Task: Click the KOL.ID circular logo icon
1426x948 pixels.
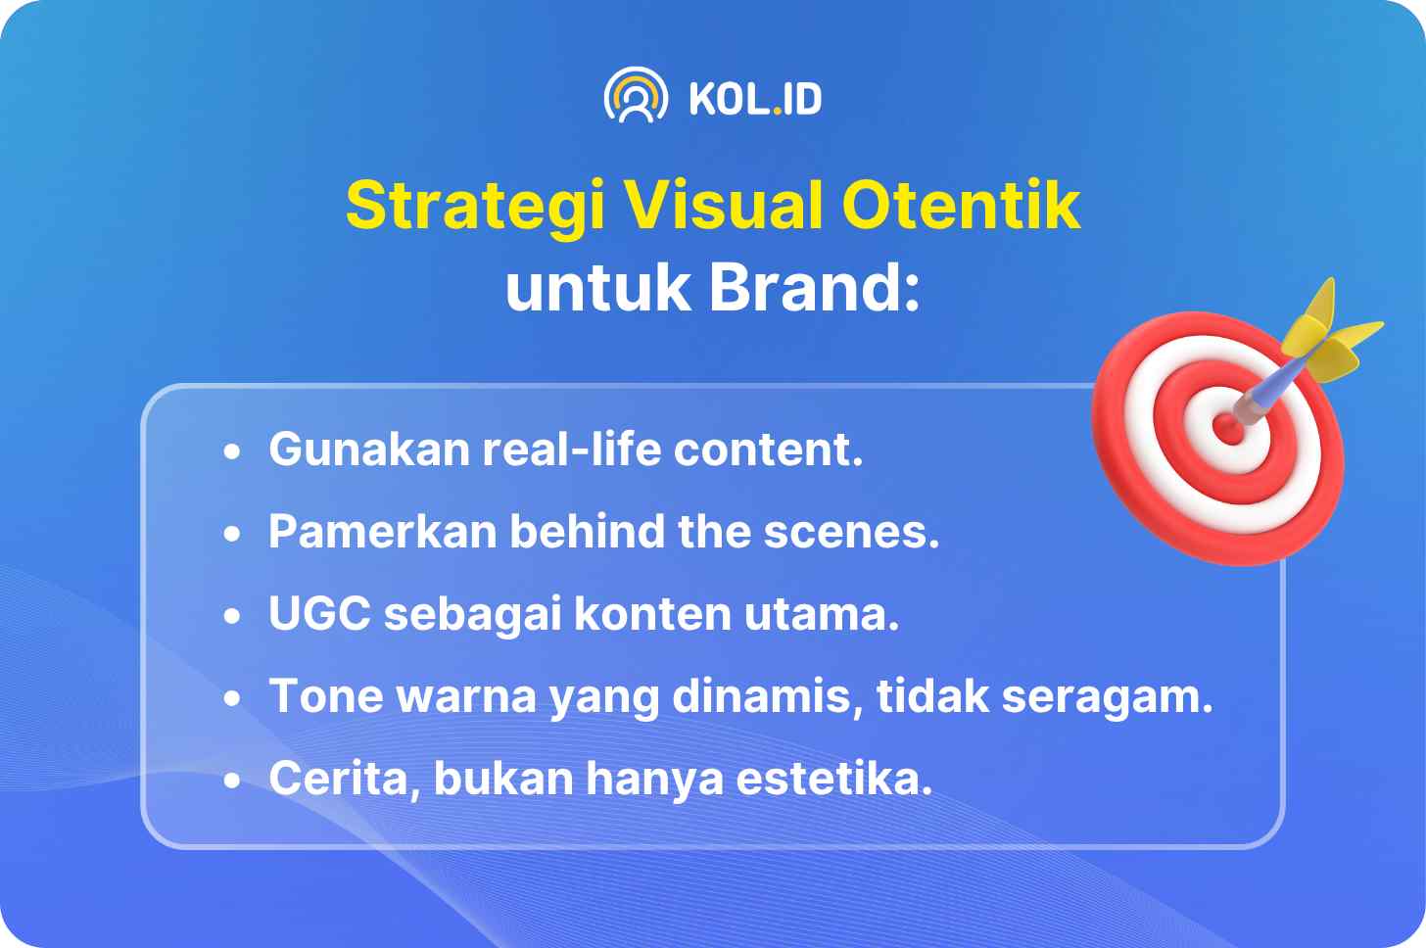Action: pyautogui.click(x=636, y=96)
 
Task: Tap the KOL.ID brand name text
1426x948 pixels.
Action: pyautogui.click(x=756, y=99)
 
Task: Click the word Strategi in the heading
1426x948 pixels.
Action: pyautogui.click(x=475, y=207)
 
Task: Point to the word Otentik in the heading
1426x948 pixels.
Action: pyautogui.click(x=962, y=205)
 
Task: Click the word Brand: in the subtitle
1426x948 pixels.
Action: pyautogui.click(x=815, y=288)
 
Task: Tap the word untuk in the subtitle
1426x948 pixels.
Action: pyautogui.click(x=597, y=288)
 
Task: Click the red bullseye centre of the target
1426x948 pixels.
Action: pyautogui.click(x=1228, y=428)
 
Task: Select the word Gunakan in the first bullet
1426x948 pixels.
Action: pyautogui.click(x=369, y=450)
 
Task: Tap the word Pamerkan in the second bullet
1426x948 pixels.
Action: pyautogui.click(x=382, y=531)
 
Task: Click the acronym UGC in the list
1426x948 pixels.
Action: pyautogui.click(x=319, y=613)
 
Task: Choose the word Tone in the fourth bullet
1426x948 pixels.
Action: pyautogui.click(x=326, y=696)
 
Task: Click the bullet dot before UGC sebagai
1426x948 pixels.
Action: pyautogui.click(x=232, y=615)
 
